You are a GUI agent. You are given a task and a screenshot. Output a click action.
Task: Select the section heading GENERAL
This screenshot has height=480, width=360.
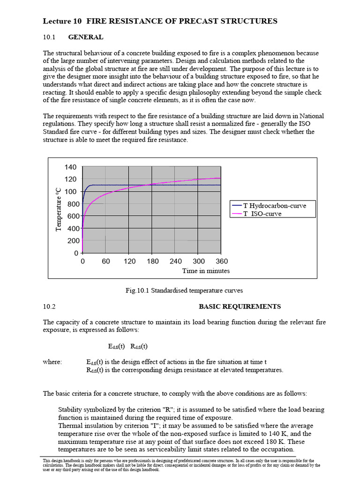pos(86,37)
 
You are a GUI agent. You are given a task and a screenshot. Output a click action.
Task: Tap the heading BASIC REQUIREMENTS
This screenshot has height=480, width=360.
pos(240,307)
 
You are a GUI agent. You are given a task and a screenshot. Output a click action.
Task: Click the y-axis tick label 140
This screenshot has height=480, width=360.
pos(70,167)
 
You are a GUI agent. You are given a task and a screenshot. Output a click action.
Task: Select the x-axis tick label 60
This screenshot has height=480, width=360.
pos(106,262)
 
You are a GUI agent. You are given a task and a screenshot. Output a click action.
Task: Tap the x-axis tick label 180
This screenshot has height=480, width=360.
pos(152,262)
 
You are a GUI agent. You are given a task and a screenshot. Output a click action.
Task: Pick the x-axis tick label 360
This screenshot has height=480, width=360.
pos(222,262)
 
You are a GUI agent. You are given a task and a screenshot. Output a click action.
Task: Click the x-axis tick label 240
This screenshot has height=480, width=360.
pos(176,262)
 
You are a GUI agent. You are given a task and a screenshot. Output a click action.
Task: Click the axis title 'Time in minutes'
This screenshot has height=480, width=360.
pos(206,271)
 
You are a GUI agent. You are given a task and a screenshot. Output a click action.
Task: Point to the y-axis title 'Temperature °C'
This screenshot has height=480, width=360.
pos(58,209)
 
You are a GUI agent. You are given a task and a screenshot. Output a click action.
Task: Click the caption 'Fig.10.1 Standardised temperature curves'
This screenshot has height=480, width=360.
pos(184,291)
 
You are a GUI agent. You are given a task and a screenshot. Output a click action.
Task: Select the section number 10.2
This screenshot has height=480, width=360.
pos(49,307)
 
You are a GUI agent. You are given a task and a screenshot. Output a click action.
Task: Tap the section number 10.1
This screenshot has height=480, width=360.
pos(49,37)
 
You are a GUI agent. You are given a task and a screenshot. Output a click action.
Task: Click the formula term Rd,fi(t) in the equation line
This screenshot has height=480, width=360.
pos(139,346)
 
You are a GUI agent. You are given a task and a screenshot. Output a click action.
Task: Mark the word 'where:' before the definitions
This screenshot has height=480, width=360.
pos(52,362)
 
